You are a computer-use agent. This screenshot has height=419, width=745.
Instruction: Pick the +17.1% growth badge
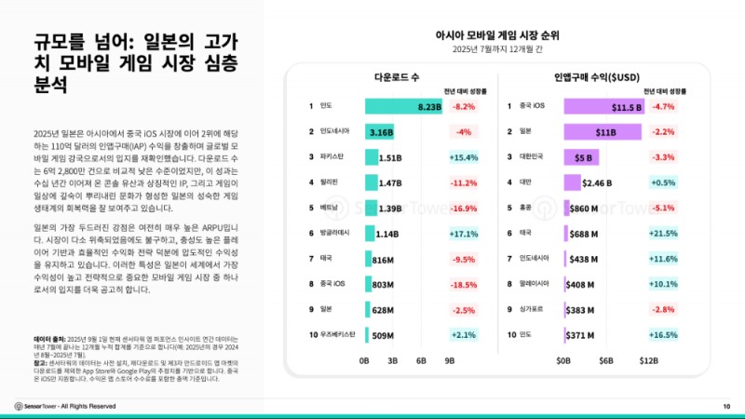(464, 233)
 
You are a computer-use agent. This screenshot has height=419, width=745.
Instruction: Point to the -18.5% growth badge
(464, 283)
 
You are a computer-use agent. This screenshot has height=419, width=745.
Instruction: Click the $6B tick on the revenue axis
(605, 359)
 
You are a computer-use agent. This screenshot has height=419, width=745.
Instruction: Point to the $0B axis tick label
(563, 359)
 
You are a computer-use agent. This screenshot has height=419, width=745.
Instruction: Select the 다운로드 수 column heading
(397, 77)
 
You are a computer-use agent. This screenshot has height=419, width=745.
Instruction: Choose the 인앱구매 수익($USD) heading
(595, 77)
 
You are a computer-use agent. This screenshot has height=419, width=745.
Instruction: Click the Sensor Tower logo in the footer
(36, 406)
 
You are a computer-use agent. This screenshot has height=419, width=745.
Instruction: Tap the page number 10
(726, 406)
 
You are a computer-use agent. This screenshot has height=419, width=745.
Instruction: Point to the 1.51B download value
(390, 157)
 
